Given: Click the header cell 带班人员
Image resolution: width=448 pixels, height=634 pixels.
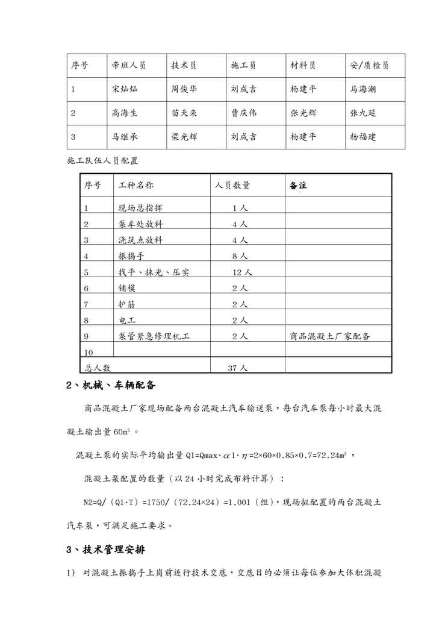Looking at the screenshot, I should [129, 66].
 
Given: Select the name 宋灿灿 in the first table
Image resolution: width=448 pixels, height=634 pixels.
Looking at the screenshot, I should [125, 89].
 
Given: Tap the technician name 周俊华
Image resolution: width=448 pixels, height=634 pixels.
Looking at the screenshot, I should [184, 89].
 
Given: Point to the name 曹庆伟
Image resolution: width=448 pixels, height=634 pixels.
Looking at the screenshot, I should [244, 113].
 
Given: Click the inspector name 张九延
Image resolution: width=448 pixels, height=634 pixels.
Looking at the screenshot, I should [363, 113].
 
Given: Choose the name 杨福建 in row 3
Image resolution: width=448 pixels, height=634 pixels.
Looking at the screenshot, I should [363, 137].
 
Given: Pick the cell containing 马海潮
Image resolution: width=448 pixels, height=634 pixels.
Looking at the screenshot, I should [363, 89].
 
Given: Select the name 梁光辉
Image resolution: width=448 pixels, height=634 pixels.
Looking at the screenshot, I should [184, 137].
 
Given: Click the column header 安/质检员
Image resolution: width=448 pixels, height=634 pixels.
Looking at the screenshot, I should [369, 66].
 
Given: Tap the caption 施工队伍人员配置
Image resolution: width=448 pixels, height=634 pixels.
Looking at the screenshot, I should [102, 161].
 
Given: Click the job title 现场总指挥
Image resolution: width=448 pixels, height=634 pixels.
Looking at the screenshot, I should [140, 208].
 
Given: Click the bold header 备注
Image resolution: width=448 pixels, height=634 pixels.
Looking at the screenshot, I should [298, 186].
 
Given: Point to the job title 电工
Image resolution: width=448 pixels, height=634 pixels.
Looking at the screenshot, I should [127, 320].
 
